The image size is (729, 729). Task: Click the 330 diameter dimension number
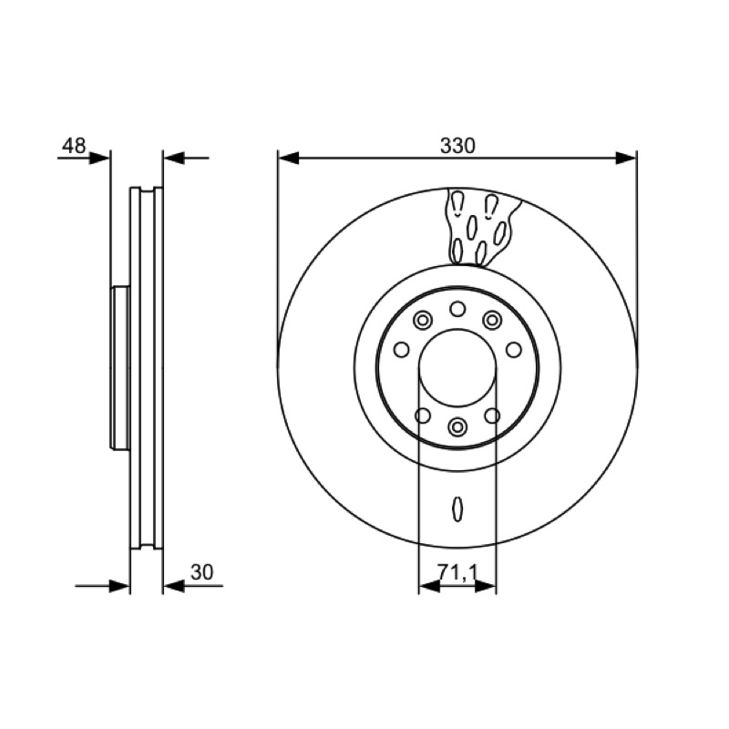pyautogui.click(x=457, y=146)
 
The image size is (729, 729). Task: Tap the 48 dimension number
pyautogui.click(x=74, y=146)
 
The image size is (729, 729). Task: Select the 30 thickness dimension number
pyautogui.click(x=201, y=572)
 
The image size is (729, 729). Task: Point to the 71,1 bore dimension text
pyautogui.click(x=457, y=573)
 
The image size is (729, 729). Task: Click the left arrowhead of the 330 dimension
pyautogui.click(x=288, y=158)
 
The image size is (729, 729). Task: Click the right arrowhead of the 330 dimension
pyautogui.click(x=626, y=158)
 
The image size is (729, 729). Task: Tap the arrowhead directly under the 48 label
pyautogui.click(x=99, y=158)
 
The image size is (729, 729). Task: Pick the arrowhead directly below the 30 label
pyautogui.click(x=174, y=586)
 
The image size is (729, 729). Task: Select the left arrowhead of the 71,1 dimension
pyautogui.click(x=429, y=586)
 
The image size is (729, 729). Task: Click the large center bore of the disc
pyautogui.click(x=457, y=368)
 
